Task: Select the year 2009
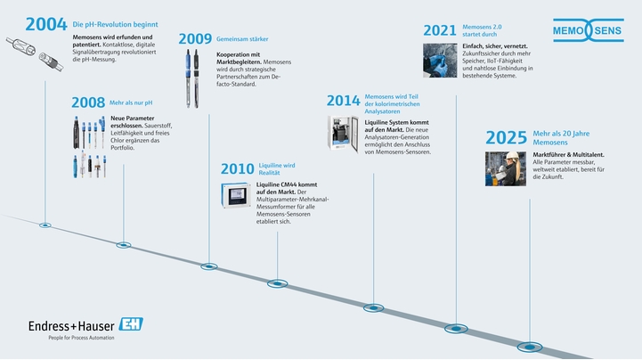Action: [194, 38]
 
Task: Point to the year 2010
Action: [236, 169]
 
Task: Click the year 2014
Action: [343, 100]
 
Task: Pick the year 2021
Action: [439, 31]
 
